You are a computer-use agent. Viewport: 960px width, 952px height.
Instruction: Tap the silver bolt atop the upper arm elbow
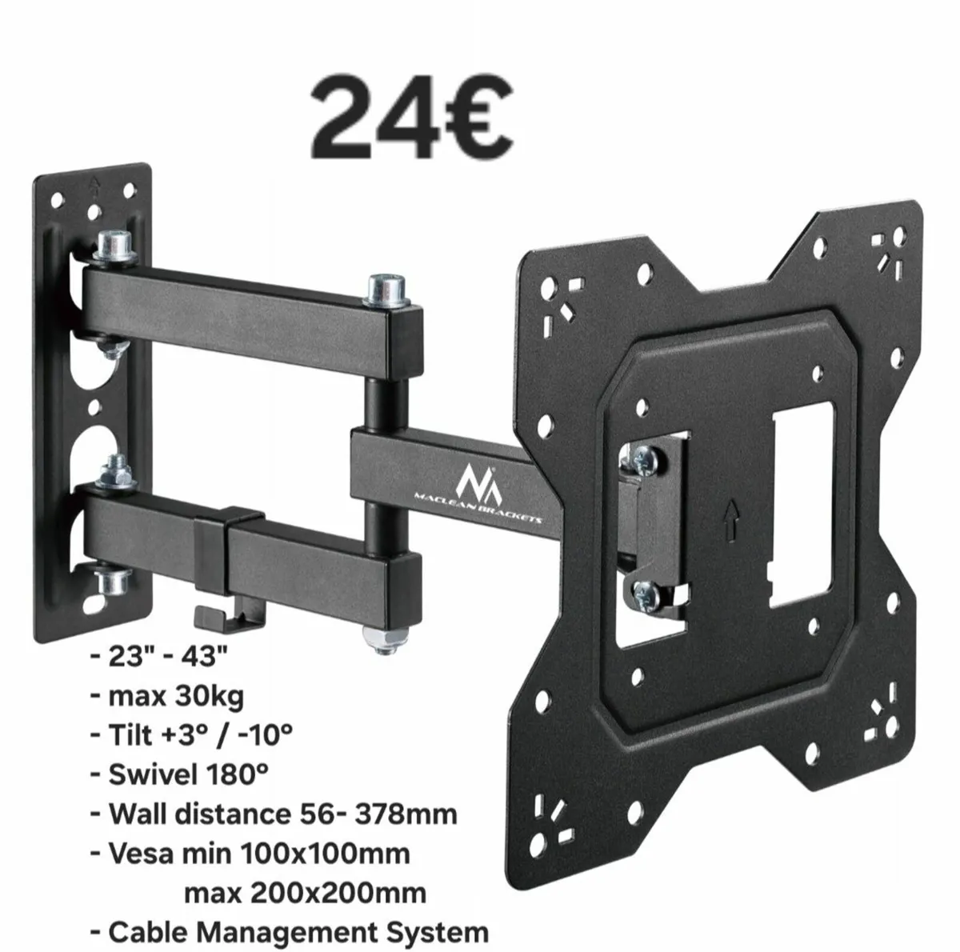(x=382, y=290)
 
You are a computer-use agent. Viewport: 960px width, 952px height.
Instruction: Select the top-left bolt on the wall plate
(x=112, y=243)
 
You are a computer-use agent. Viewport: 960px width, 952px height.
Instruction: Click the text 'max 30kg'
(x=176, y=696)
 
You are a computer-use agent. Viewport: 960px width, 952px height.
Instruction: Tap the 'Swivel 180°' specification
(x=188, y=774)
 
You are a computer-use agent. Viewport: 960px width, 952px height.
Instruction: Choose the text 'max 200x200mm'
(x=305, y=892)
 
